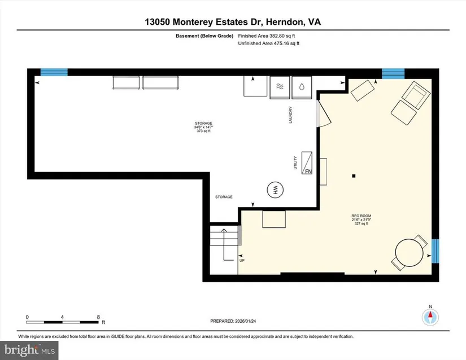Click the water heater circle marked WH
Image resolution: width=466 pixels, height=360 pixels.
point(275,189)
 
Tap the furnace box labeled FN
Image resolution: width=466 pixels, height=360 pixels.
point(307,163)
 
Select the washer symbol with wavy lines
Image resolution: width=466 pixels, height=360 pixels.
point(280,87)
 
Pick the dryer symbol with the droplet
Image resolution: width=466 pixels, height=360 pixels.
point(302,87)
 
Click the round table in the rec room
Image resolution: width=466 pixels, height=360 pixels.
point(410,253)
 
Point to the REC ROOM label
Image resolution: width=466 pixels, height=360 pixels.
point(361,216)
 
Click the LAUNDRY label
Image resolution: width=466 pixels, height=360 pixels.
point(291,115)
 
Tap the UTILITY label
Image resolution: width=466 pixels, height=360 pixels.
point(295,163)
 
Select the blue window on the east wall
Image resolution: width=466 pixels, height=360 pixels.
point(435,251)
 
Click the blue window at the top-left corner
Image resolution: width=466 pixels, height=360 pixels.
point(54,72)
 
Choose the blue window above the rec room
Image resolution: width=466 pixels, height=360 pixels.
point(393,73)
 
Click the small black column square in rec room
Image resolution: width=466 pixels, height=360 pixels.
point(354,176)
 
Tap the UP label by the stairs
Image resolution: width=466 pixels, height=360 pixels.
point(242,261)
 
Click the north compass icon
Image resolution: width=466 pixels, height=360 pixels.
point(430,317)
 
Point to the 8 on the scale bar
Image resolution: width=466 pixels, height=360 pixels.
point(98,317)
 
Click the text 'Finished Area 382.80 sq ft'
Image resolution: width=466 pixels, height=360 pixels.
point(266,36)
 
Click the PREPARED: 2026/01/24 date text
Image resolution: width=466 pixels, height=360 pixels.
point(233,321)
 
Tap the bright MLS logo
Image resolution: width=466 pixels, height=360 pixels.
point(29,350)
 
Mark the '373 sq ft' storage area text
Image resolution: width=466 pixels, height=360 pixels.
point(203,131)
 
